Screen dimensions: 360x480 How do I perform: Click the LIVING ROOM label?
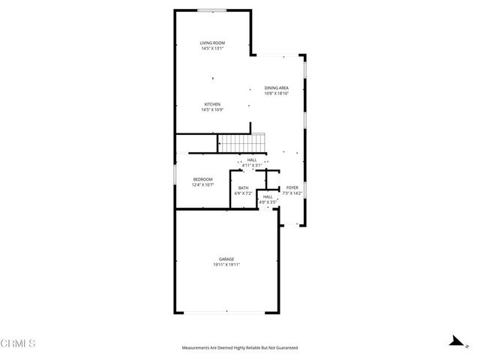tap(213, 43)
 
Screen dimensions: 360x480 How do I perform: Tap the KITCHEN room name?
tap(213, 104)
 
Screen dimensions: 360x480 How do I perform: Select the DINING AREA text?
tap(277, 88)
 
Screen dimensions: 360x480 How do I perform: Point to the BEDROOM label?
tap(203, 178)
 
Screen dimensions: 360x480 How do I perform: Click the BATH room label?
tap(244, 188)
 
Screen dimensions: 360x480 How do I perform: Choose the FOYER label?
tap(292, 188)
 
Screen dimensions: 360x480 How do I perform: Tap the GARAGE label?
tap(226, 259)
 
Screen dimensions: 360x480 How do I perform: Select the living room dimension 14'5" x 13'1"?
tap(213, 49)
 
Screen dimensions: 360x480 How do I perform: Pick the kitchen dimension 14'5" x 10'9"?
tap(213, 110)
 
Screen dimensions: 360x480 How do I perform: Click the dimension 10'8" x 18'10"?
tap(277, 94)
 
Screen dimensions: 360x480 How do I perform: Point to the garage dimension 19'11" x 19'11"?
tap(226, 265)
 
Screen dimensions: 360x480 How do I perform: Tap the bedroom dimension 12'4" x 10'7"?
tap(203, 184)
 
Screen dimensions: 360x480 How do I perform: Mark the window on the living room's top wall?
tap(212, 10)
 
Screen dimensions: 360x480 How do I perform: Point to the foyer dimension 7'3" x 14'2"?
tap(292, 193)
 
